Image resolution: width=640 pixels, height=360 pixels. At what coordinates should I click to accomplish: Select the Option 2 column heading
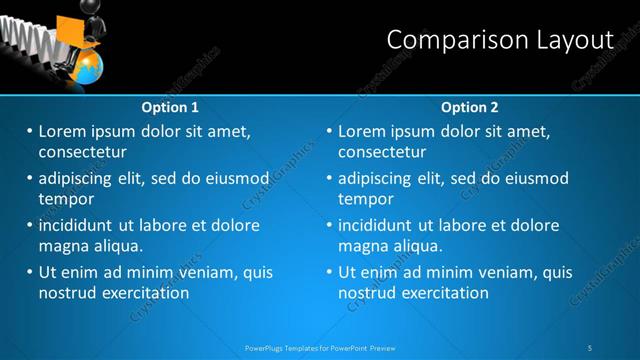pyautogui.click(x=469, y=107)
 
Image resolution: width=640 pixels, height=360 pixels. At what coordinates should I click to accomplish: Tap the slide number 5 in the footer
pyautogui.click(x=592, y=347)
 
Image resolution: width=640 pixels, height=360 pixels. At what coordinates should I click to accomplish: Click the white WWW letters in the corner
pyautogui.click(x=22, y=35)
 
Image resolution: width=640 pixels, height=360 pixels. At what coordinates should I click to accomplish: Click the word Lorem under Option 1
pyautogui.click(x=61, y=131)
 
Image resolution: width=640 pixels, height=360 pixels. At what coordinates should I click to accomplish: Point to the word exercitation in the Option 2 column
pyautogui.click(x=440, y=293)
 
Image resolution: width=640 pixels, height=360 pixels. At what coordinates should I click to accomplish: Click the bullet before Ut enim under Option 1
pyautogui.click(x=30, y=272)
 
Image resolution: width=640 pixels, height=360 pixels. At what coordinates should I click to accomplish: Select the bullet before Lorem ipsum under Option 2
pyautogui.click(x=330, y=131)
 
